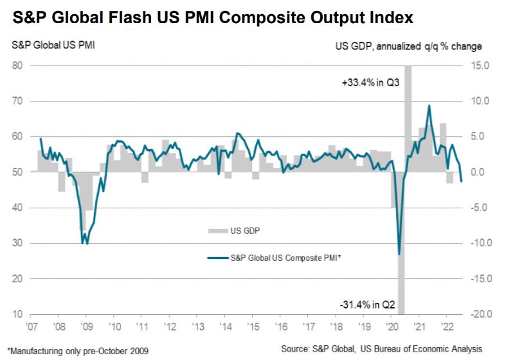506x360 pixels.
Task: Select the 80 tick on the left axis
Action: pyautogui.click(x=17, y=66)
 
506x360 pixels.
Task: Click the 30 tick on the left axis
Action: pyautogui.click(x=17, y=244)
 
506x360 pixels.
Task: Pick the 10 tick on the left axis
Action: pyautogui.click(x=17, y=314)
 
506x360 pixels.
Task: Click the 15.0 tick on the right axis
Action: pyautogui.click(x=480, y=66)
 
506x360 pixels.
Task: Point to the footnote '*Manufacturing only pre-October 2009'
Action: pyautogui.click(x=75, y=350)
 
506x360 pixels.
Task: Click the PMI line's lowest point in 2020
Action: pyautogui.click(x=399, y=254)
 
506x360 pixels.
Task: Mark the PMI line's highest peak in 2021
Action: pyautogui.click(x=429, y=106)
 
